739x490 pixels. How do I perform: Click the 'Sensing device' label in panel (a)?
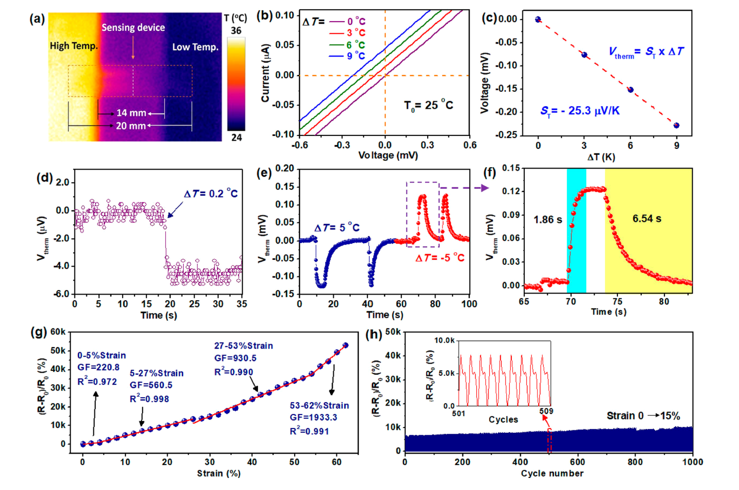click(133, 27)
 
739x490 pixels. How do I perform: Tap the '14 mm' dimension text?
click(131, 113)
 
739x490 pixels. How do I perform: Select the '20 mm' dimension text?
click(130, 126)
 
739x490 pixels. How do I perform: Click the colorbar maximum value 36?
click(236, 31)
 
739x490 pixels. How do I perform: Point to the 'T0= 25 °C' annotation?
click(428, 106)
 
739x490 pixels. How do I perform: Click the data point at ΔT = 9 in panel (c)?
click(677, 125)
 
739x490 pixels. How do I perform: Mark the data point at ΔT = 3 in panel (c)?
click(584, 55)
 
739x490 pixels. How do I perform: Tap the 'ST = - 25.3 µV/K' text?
click(580, 111)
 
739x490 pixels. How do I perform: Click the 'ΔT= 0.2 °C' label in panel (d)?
click(210, 194)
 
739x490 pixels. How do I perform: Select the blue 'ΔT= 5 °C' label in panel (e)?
click(337, 228)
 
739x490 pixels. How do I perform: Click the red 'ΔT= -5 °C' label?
click(440, 258)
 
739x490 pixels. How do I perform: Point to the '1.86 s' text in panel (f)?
click(548, 220)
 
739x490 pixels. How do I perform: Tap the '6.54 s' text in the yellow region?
click(647, 219)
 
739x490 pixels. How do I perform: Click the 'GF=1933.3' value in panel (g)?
click(313, 417)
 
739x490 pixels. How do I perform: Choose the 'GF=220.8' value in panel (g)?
click(99, 367)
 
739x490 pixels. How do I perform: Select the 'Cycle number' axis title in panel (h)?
click(552, 473)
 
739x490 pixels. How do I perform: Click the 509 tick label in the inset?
click(546, 411)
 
